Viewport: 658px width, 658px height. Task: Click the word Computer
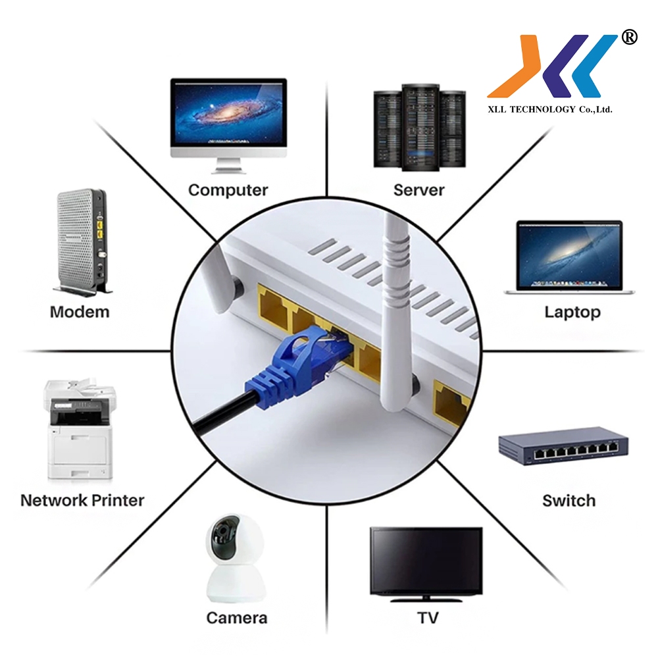point(228,191)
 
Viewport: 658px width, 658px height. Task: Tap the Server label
point(418,190)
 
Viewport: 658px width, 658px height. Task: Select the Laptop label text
point(572,313)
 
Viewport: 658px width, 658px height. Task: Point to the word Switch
point(569,501)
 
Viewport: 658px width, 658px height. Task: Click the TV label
point(428,618)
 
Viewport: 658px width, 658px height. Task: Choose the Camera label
point(237,618)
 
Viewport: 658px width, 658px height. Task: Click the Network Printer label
point(82,500)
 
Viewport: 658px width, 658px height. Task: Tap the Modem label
point(80,312)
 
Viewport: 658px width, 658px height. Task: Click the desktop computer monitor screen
point(229,113)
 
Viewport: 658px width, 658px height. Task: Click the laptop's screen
point(569,255)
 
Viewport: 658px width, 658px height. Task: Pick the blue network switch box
point(563,446)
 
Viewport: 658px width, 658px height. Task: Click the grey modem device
point(82,241)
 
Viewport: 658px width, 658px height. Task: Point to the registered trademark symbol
point(628,37)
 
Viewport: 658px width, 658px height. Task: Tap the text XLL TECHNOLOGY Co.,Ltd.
point(549,109)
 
